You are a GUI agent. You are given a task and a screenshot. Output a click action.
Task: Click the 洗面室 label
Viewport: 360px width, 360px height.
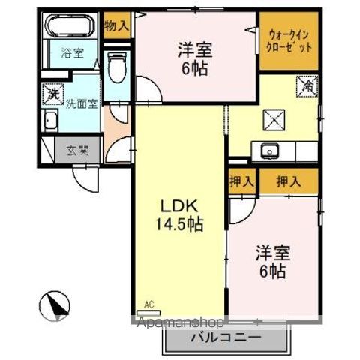80,103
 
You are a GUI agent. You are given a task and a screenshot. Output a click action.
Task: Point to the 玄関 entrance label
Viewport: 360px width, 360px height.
77,150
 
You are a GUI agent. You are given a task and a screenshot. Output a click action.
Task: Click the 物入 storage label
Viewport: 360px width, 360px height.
118,25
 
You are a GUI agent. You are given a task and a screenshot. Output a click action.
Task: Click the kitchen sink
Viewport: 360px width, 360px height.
271,151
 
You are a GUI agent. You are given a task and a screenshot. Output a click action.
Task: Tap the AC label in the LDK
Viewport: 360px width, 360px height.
148,304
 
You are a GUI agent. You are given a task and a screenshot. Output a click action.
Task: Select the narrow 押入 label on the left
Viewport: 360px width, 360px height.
241,181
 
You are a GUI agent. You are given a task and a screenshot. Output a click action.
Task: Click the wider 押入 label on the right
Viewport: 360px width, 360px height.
289,181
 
